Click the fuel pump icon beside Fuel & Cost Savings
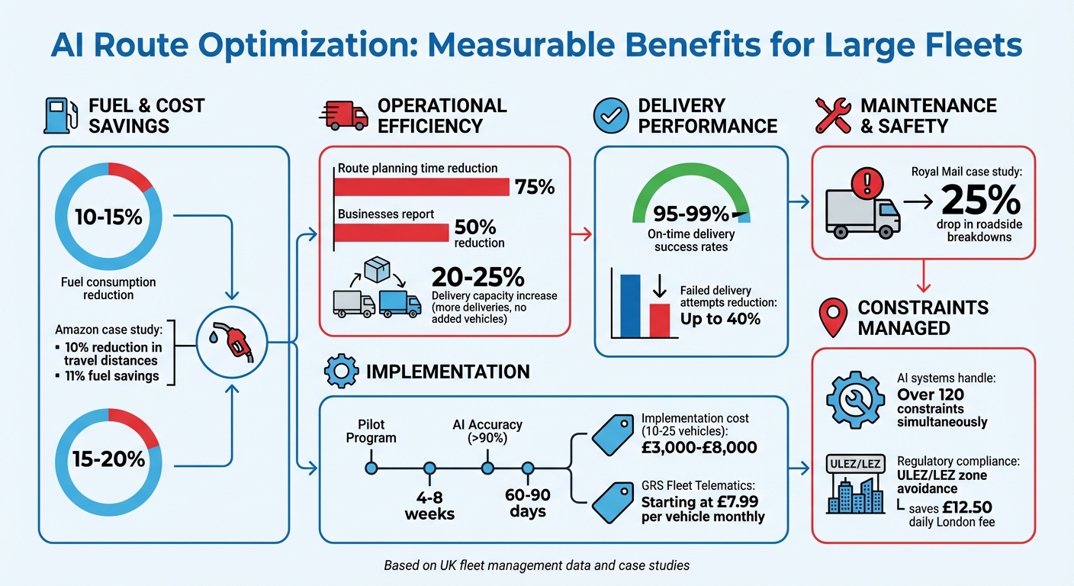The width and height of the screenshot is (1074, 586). (x=59, y=115)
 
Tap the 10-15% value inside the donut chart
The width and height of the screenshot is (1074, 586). (x=108, y=217)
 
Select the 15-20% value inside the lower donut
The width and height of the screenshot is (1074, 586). (x=108, y=459)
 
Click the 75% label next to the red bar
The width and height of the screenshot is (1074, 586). (x=535, y=187)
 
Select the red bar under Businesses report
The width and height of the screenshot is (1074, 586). (x=393, y=233)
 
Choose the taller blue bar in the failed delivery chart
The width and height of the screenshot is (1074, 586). (x=630, y=305)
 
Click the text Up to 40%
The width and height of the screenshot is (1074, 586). (x=720, y=319)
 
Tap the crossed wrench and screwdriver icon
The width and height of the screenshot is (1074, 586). (x=833, y=115)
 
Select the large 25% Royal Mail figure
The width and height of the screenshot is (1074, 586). (x=981, y=200)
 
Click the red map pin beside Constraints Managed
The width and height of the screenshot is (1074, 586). (x=832, y=317)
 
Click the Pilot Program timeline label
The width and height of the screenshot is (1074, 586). (x=371, y=431)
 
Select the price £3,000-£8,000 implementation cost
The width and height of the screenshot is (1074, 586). (x=699, y=448)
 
